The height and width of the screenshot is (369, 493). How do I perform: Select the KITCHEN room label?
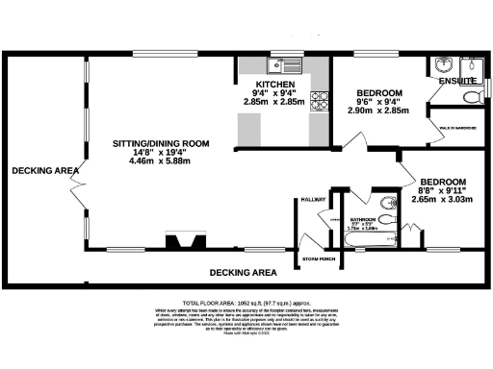coord(275,84)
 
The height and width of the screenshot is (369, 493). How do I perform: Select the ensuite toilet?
coord(472,97)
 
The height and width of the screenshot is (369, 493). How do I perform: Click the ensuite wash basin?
coord(444,66)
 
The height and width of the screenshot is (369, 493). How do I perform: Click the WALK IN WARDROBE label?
coord(459,126)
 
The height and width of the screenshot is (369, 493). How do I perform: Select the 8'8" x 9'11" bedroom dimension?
coord(442,191)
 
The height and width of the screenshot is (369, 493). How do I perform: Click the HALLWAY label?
coord(314,199)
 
